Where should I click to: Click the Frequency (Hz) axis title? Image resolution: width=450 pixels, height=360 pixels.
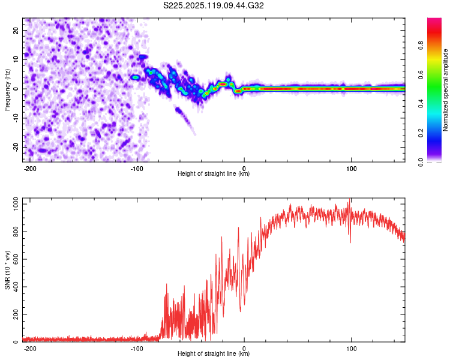[x=7, y=90]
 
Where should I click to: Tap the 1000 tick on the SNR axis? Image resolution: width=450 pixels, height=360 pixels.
[x=13, y=205]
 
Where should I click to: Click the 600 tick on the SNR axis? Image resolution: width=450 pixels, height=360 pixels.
[x=16, y=260]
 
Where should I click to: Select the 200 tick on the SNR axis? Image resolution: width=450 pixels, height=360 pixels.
[x=16, y=314]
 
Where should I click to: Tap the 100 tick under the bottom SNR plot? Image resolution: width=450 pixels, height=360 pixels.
[x=350, y=348]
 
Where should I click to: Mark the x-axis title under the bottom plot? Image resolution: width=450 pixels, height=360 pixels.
[x=214, y=354]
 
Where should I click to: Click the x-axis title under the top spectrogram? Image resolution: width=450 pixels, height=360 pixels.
[x=214, y=174]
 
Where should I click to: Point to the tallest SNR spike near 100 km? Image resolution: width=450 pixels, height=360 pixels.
[x=350, y=200]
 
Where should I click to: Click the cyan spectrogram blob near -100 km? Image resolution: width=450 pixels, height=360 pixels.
[x=136, y=77]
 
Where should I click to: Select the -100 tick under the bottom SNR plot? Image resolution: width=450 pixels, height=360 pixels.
[x=137, y=348]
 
